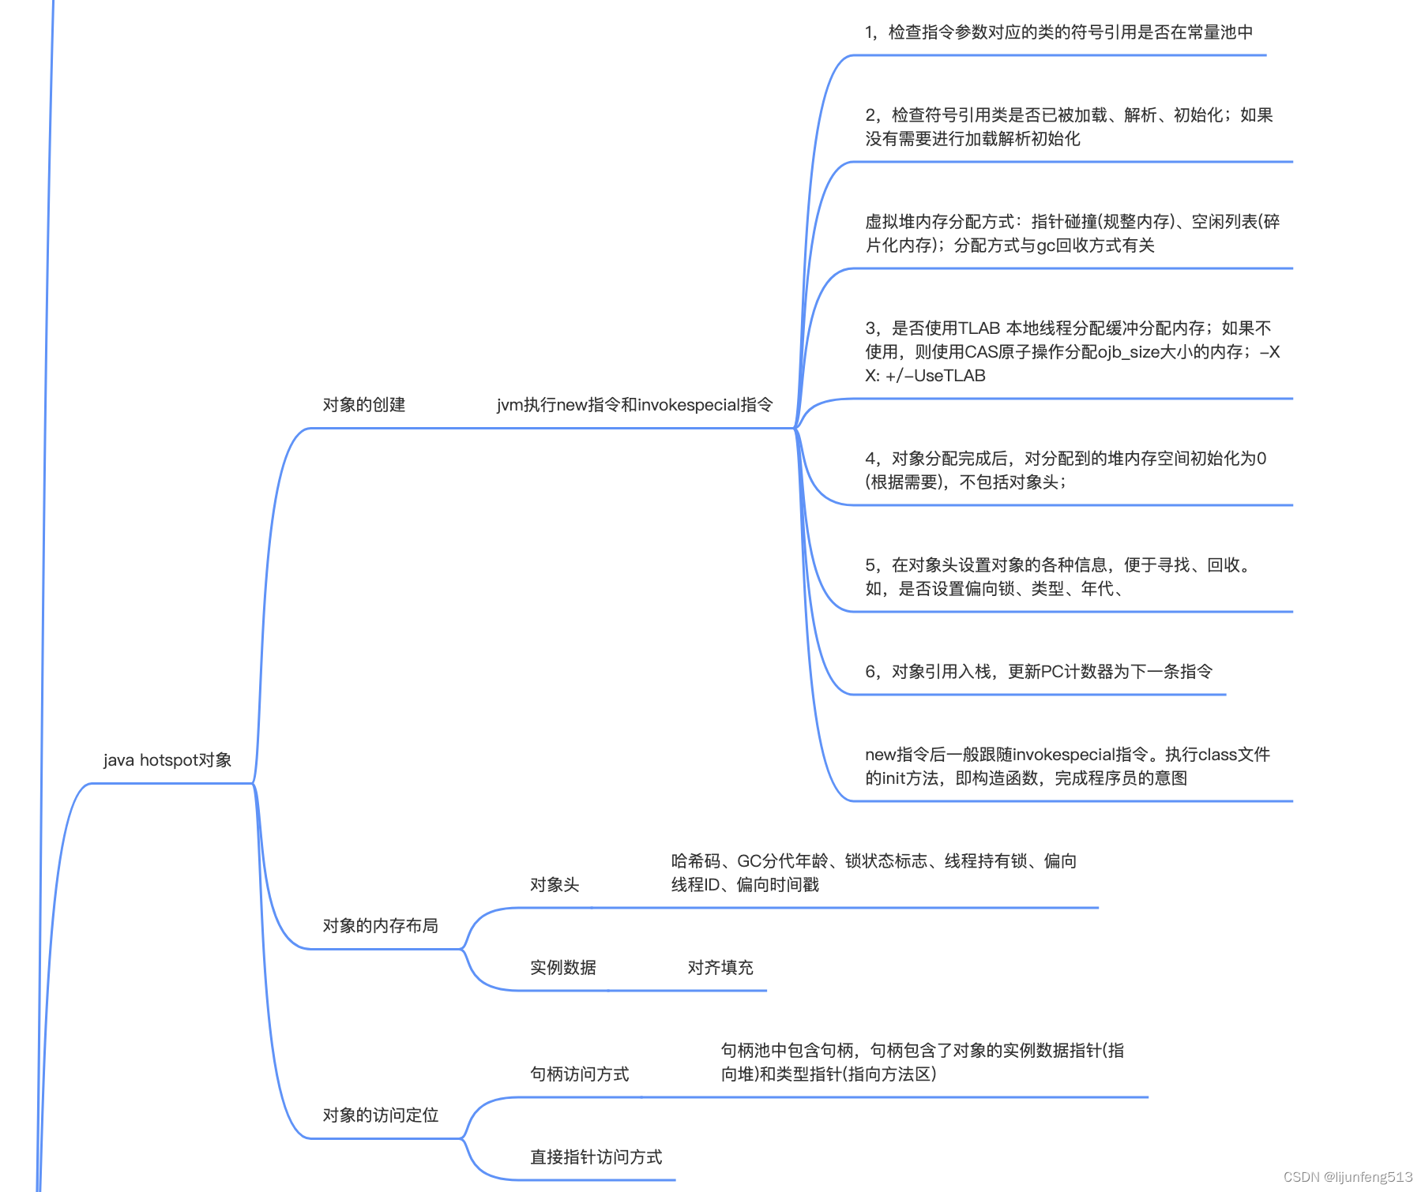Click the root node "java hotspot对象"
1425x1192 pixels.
click(167, 760)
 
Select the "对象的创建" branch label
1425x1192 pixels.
click(363, 405)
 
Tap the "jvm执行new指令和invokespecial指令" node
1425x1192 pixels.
click(634, 405)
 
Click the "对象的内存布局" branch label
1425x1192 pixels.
click(380, 926)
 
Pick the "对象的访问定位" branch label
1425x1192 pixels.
click(380, 1115)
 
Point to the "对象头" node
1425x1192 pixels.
click(555, 885)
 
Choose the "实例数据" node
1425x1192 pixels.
click(562, 968)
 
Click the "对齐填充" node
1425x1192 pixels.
click(720, 968)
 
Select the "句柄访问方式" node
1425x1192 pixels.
click(579, 1074)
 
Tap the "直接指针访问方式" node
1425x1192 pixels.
click(596, 1157)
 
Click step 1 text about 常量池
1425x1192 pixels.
click(1058, 32)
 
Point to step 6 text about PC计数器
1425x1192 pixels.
click(1038, 672)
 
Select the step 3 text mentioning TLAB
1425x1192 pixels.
click(1071, 351)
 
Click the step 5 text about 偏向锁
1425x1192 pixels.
click(1058, 577)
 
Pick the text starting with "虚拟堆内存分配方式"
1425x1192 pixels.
click(1071, 234)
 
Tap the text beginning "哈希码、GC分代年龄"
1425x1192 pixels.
click(873, 873)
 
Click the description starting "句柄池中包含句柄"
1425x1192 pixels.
click(922, 1063)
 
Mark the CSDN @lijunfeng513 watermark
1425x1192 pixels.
click(1348, 1177)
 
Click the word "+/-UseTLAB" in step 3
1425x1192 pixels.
click(936, 376)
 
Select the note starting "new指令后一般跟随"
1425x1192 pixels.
click(1066, 767)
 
